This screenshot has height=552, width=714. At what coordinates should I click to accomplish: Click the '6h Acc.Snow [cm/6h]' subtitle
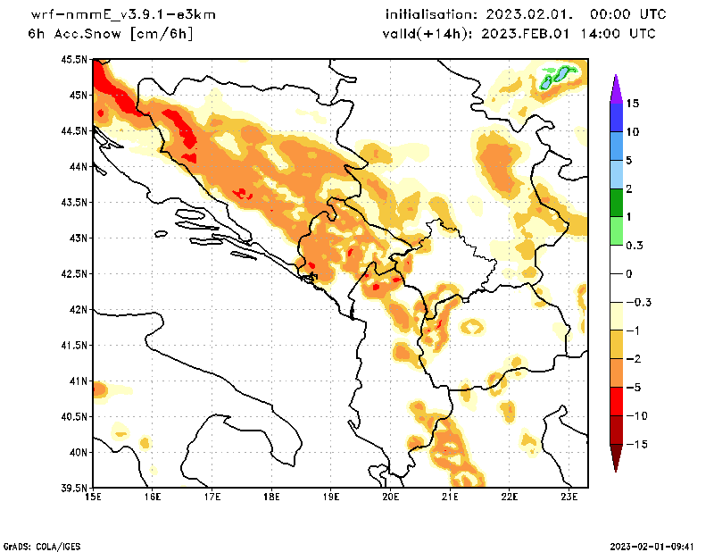point(111,34)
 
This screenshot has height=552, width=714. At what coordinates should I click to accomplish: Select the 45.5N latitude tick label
point(76,59)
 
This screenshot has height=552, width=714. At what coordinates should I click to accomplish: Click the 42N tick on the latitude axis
point(79,310)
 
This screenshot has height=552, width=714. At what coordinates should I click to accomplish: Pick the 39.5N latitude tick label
point(76,489)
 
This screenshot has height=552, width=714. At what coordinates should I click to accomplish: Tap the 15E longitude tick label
point(93,498)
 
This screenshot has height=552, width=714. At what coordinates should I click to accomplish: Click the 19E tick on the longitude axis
point(331,498)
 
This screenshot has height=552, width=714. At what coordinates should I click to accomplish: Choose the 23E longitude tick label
point(569,498)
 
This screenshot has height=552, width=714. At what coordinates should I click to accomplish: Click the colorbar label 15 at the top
point(632,104)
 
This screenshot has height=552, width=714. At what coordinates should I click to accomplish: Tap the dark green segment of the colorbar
point(615,203)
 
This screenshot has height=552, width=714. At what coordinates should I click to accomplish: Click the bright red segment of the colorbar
point(615,401)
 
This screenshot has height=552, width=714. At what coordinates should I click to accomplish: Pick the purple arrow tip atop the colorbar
point(615,85)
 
